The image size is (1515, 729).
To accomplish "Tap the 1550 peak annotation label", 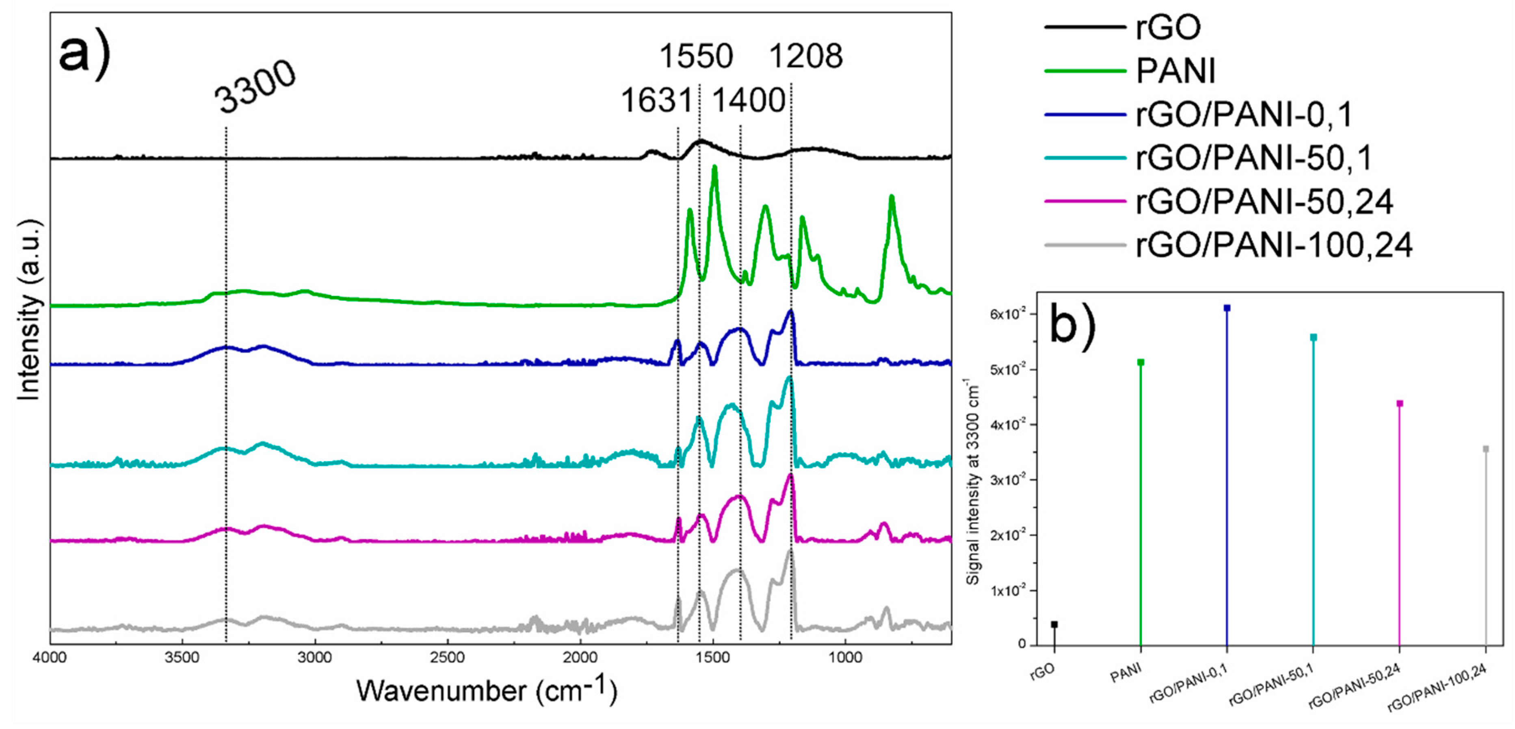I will (696, 56).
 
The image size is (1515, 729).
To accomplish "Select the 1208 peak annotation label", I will (806, 56).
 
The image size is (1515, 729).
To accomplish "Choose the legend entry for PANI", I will (1175, 71).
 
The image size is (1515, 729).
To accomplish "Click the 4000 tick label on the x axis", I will (50, 657).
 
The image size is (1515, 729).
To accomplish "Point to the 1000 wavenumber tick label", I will (845, 657).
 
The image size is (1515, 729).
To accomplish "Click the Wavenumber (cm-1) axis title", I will (486, 691).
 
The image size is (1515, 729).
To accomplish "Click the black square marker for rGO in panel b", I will (1054, 624).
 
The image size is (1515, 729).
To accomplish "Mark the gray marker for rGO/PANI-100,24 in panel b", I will (1486, 449).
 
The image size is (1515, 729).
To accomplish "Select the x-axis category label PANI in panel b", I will (1125, 674).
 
